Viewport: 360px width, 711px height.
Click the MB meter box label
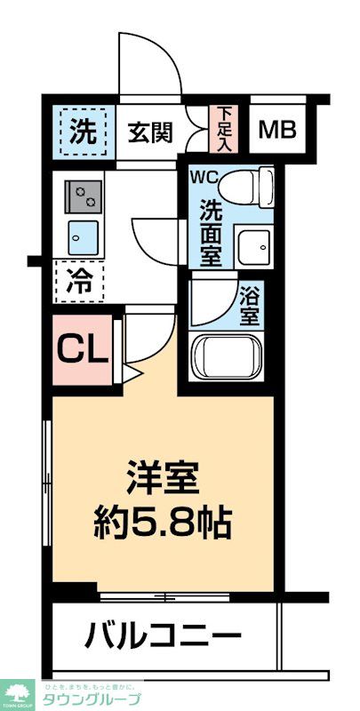click(x=276, y=131)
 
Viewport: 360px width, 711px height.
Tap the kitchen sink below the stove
click(x=84, y=236)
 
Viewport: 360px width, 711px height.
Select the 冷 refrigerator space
click(x=80, y=283)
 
